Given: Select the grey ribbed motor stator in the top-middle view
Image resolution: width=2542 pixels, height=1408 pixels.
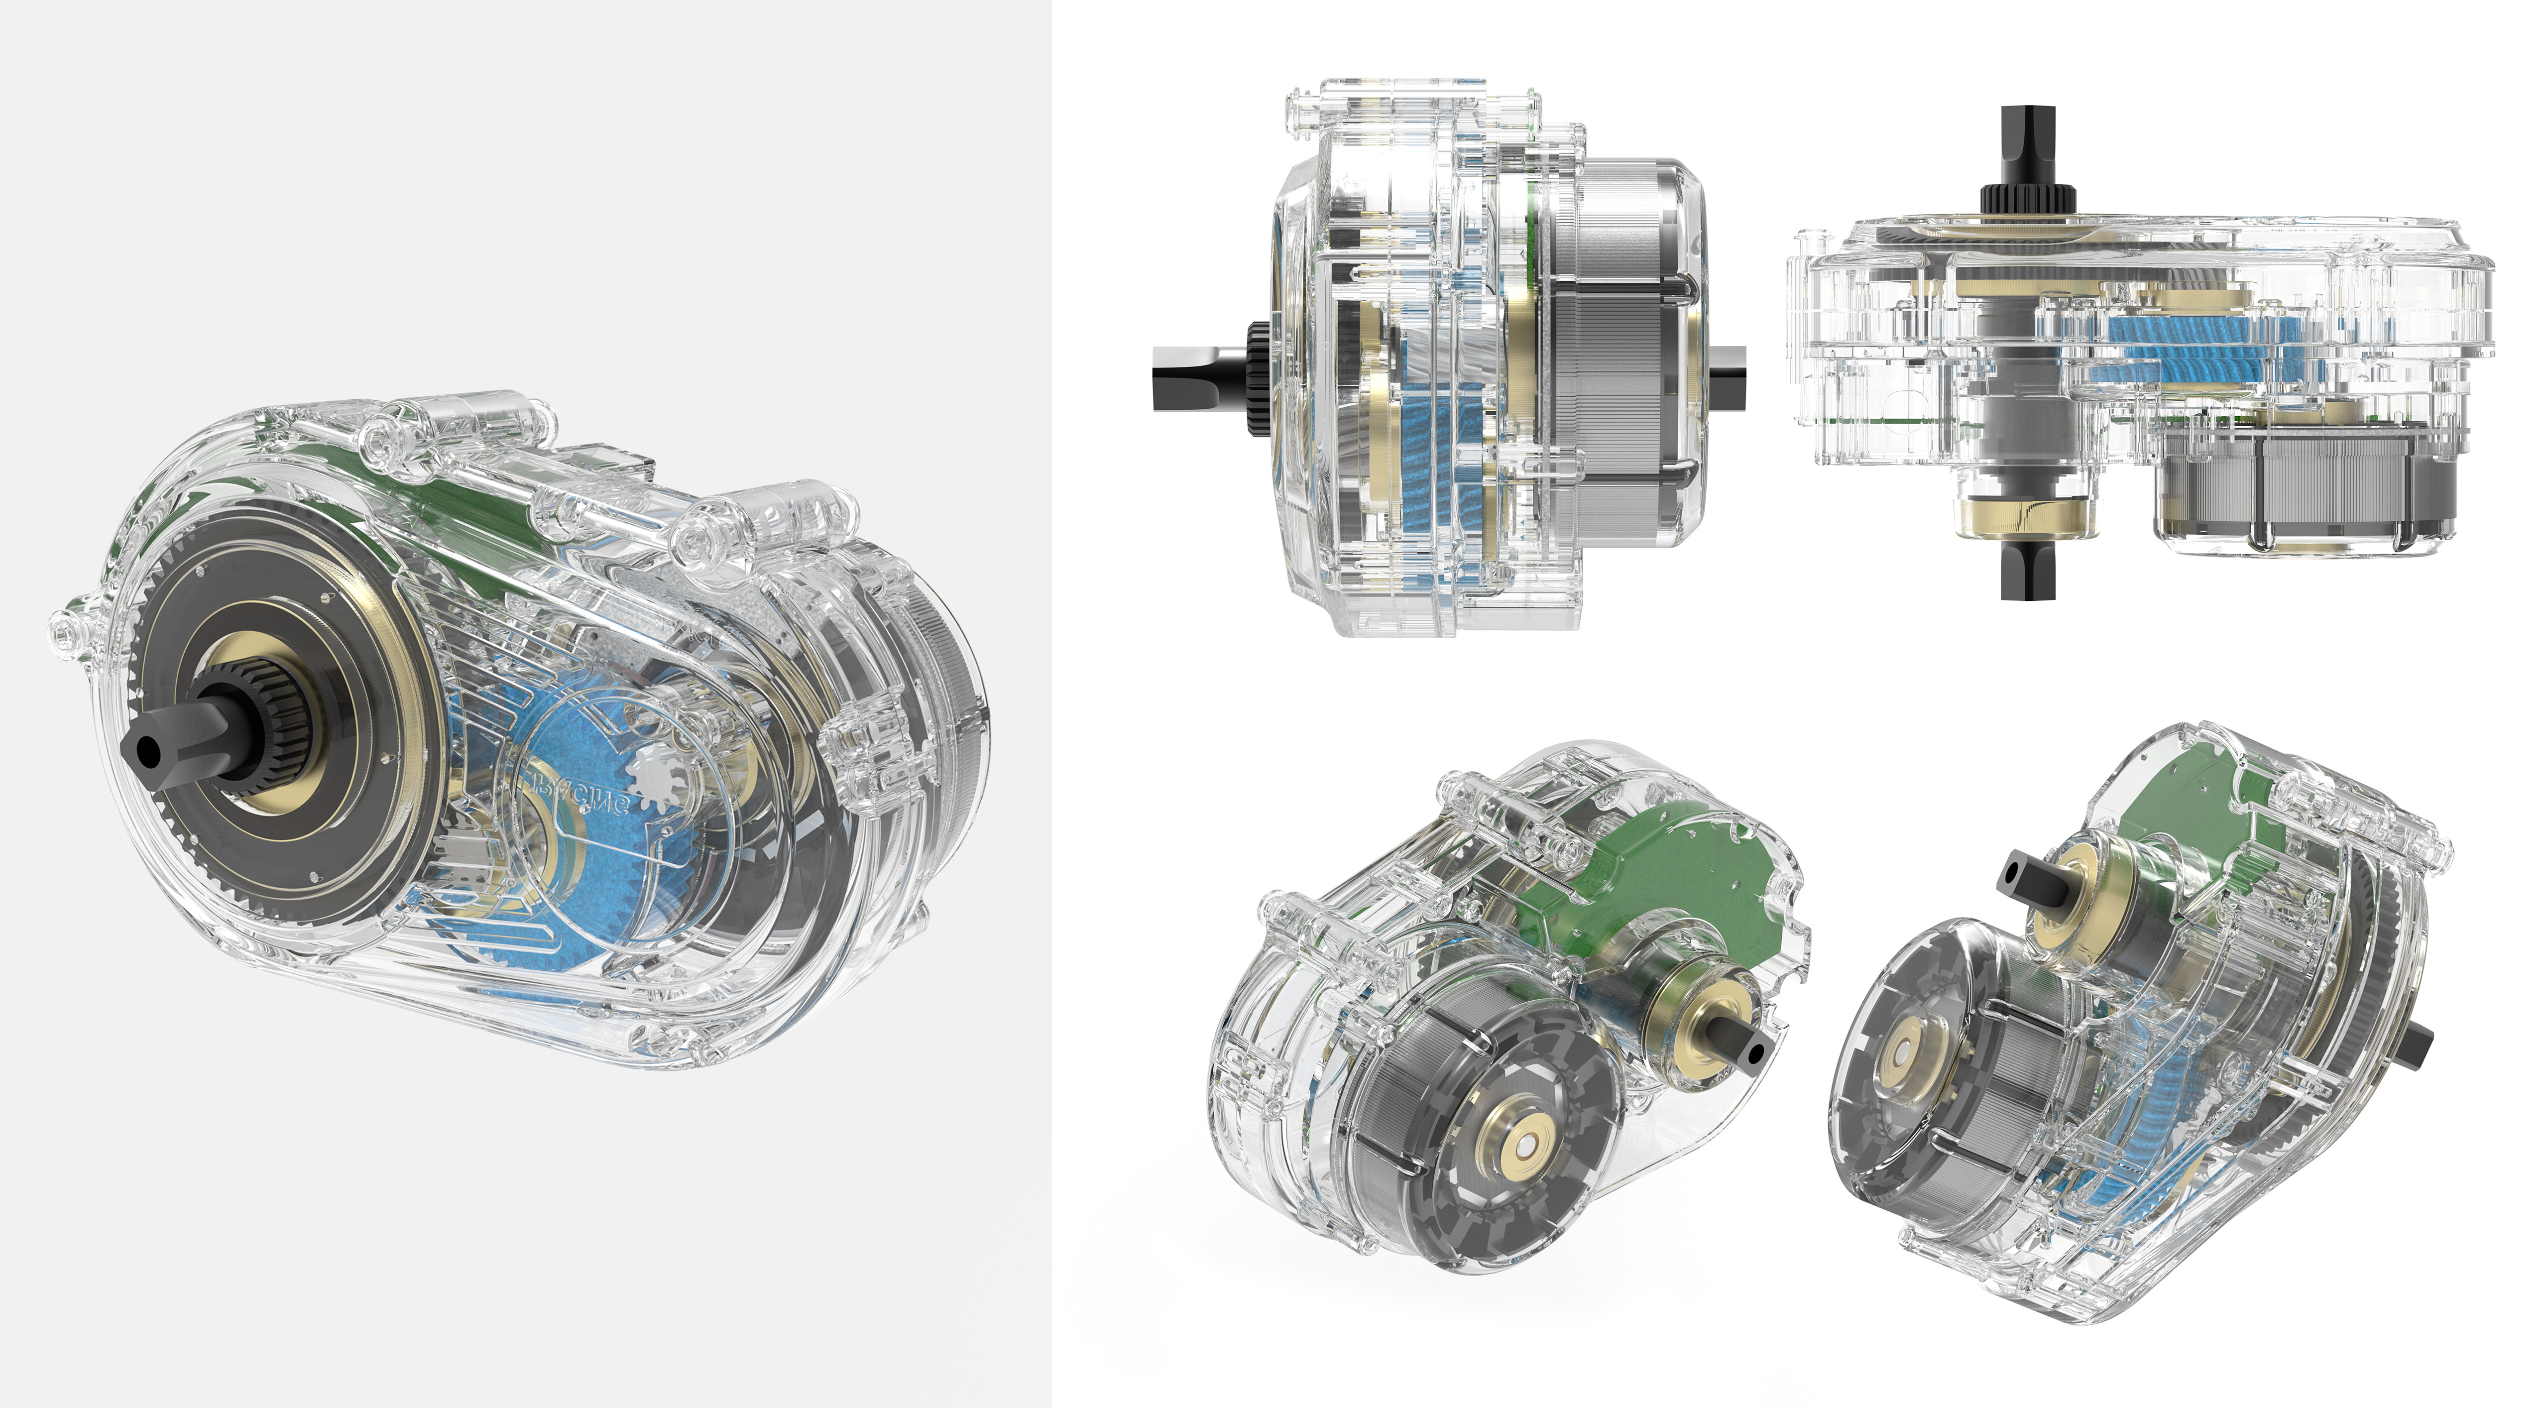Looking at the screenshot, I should (1618, 355).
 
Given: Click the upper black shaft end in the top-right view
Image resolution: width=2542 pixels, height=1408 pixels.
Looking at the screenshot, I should (2028, 148).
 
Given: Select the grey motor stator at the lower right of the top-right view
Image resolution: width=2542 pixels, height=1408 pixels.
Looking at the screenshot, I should (2299, 483).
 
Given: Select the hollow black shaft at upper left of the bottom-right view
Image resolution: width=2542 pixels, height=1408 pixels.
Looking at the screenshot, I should (2023, 878).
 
